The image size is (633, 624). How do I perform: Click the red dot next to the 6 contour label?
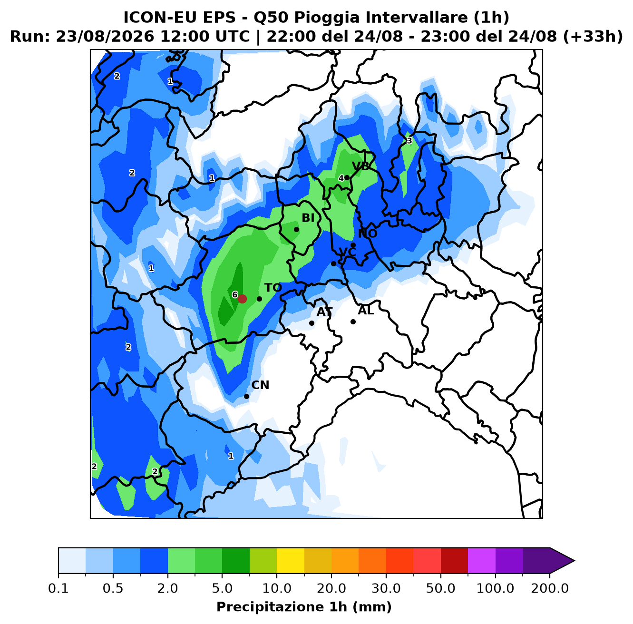[x=242, y=299]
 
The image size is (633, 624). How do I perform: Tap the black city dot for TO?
[x=259, y=299]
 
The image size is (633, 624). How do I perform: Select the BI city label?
[x=308, y=218]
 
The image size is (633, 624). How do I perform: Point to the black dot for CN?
[x=246, y=396]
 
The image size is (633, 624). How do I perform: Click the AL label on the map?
[x=366, y=311]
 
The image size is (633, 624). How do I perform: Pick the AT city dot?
[x=312, y=323]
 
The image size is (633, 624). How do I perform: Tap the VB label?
[x=360, y=166]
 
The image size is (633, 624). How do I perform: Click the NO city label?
[x=368, y=234]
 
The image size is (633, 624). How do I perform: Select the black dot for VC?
[x=333, y=263]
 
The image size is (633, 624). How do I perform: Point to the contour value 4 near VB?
[x=341, y=178]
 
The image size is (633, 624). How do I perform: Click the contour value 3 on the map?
[x=409, y=141]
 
